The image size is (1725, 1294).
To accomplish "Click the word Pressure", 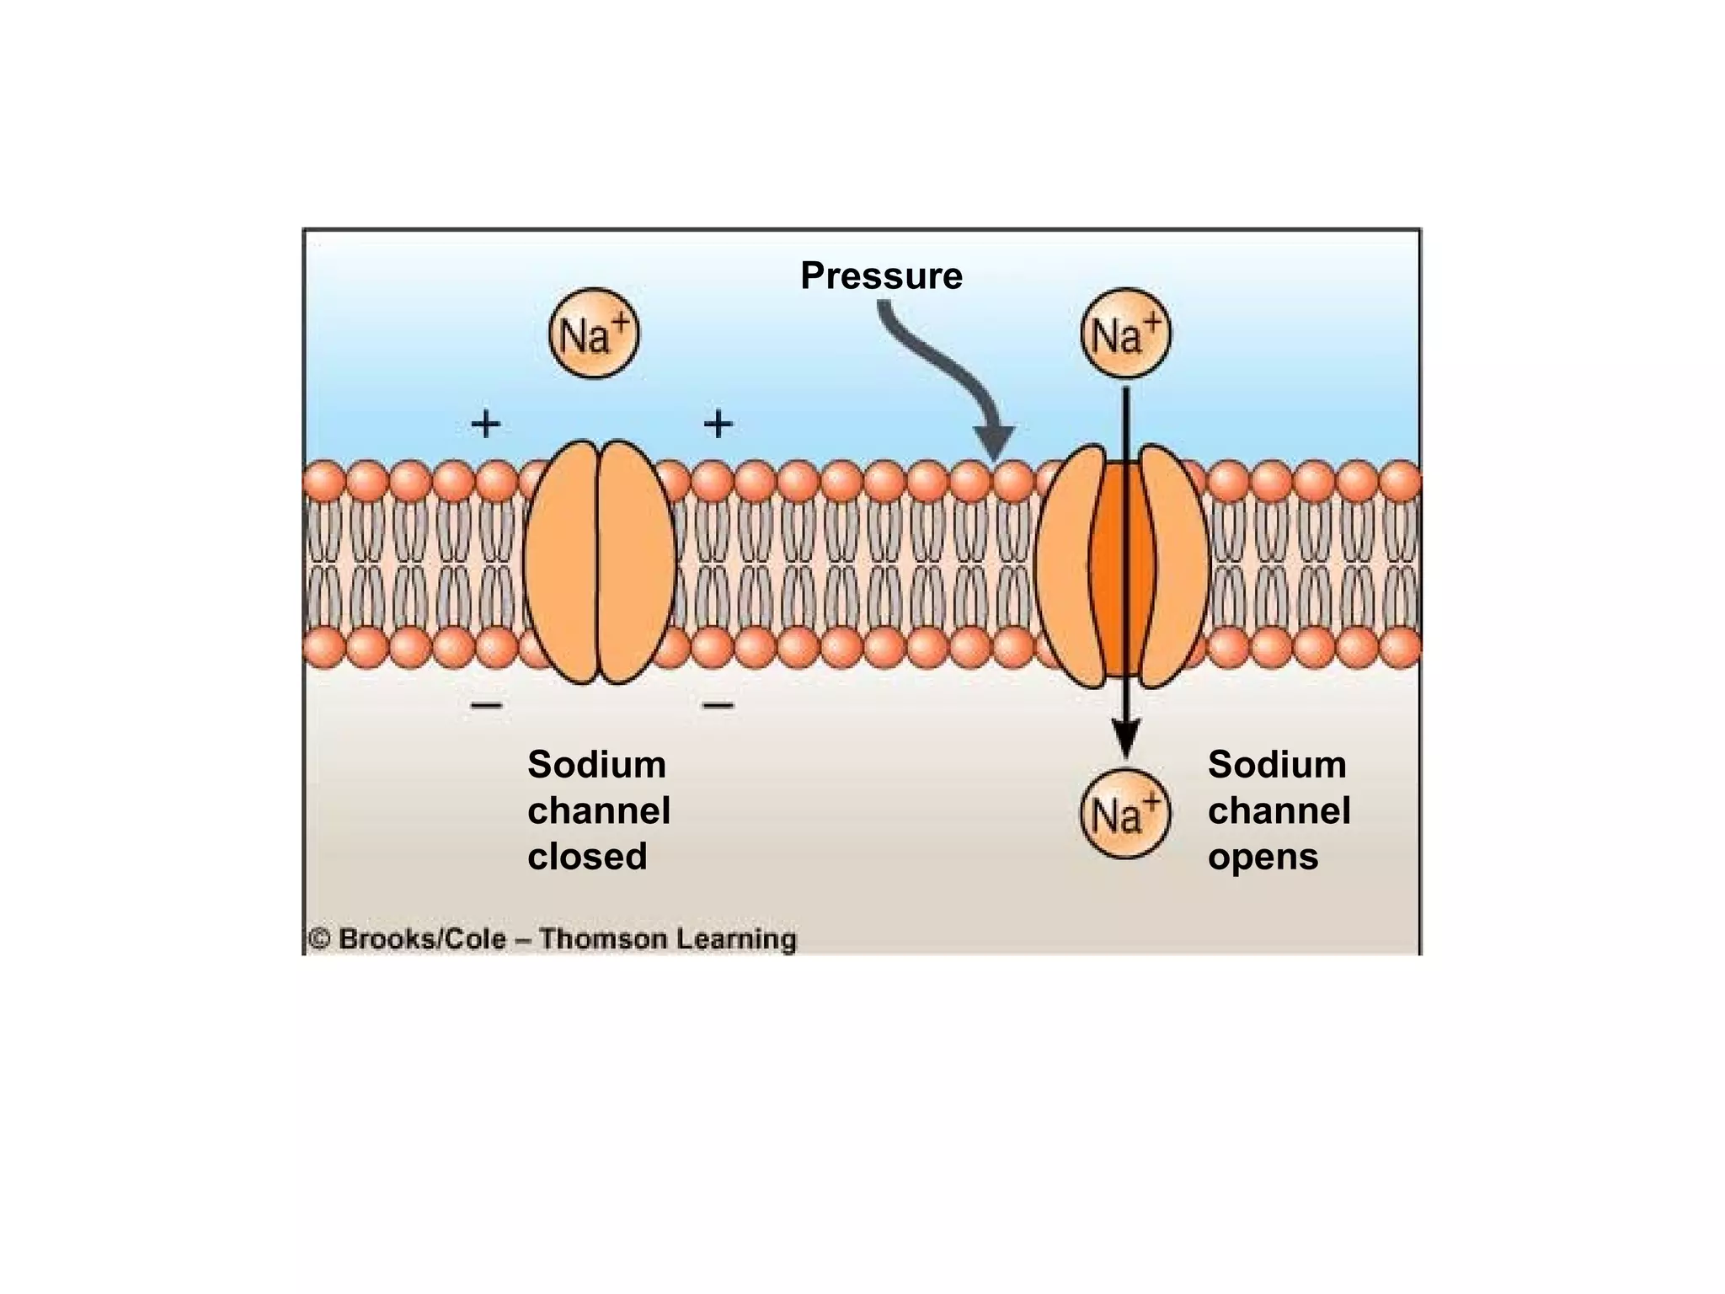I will (881, 275).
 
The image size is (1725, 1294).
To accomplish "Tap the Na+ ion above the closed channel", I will (594, 334).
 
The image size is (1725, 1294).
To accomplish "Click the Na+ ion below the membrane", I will (1124, 814).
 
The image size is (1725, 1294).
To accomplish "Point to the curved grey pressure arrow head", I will (994, 441).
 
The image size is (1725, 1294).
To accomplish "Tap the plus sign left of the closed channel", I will (485, 423).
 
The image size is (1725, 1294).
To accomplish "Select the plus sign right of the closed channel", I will (718, 423).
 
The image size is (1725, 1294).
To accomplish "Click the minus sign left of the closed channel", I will (486, 704).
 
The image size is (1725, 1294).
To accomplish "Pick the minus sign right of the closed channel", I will (718, 704).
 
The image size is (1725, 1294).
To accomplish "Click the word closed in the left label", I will (587, 857).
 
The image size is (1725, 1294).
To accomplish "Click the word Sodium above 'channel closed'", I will (596, 765).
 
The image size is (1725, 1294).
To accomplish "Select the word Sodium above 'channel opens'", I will (1277, 765).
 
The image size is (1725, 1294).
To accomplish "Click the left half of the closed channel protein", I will (561, 561).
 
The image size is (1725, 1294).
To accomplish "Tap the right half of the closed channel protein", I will (636, 561).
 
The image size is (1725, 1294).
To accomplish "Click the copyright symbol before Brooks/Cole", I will (319, 938).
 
